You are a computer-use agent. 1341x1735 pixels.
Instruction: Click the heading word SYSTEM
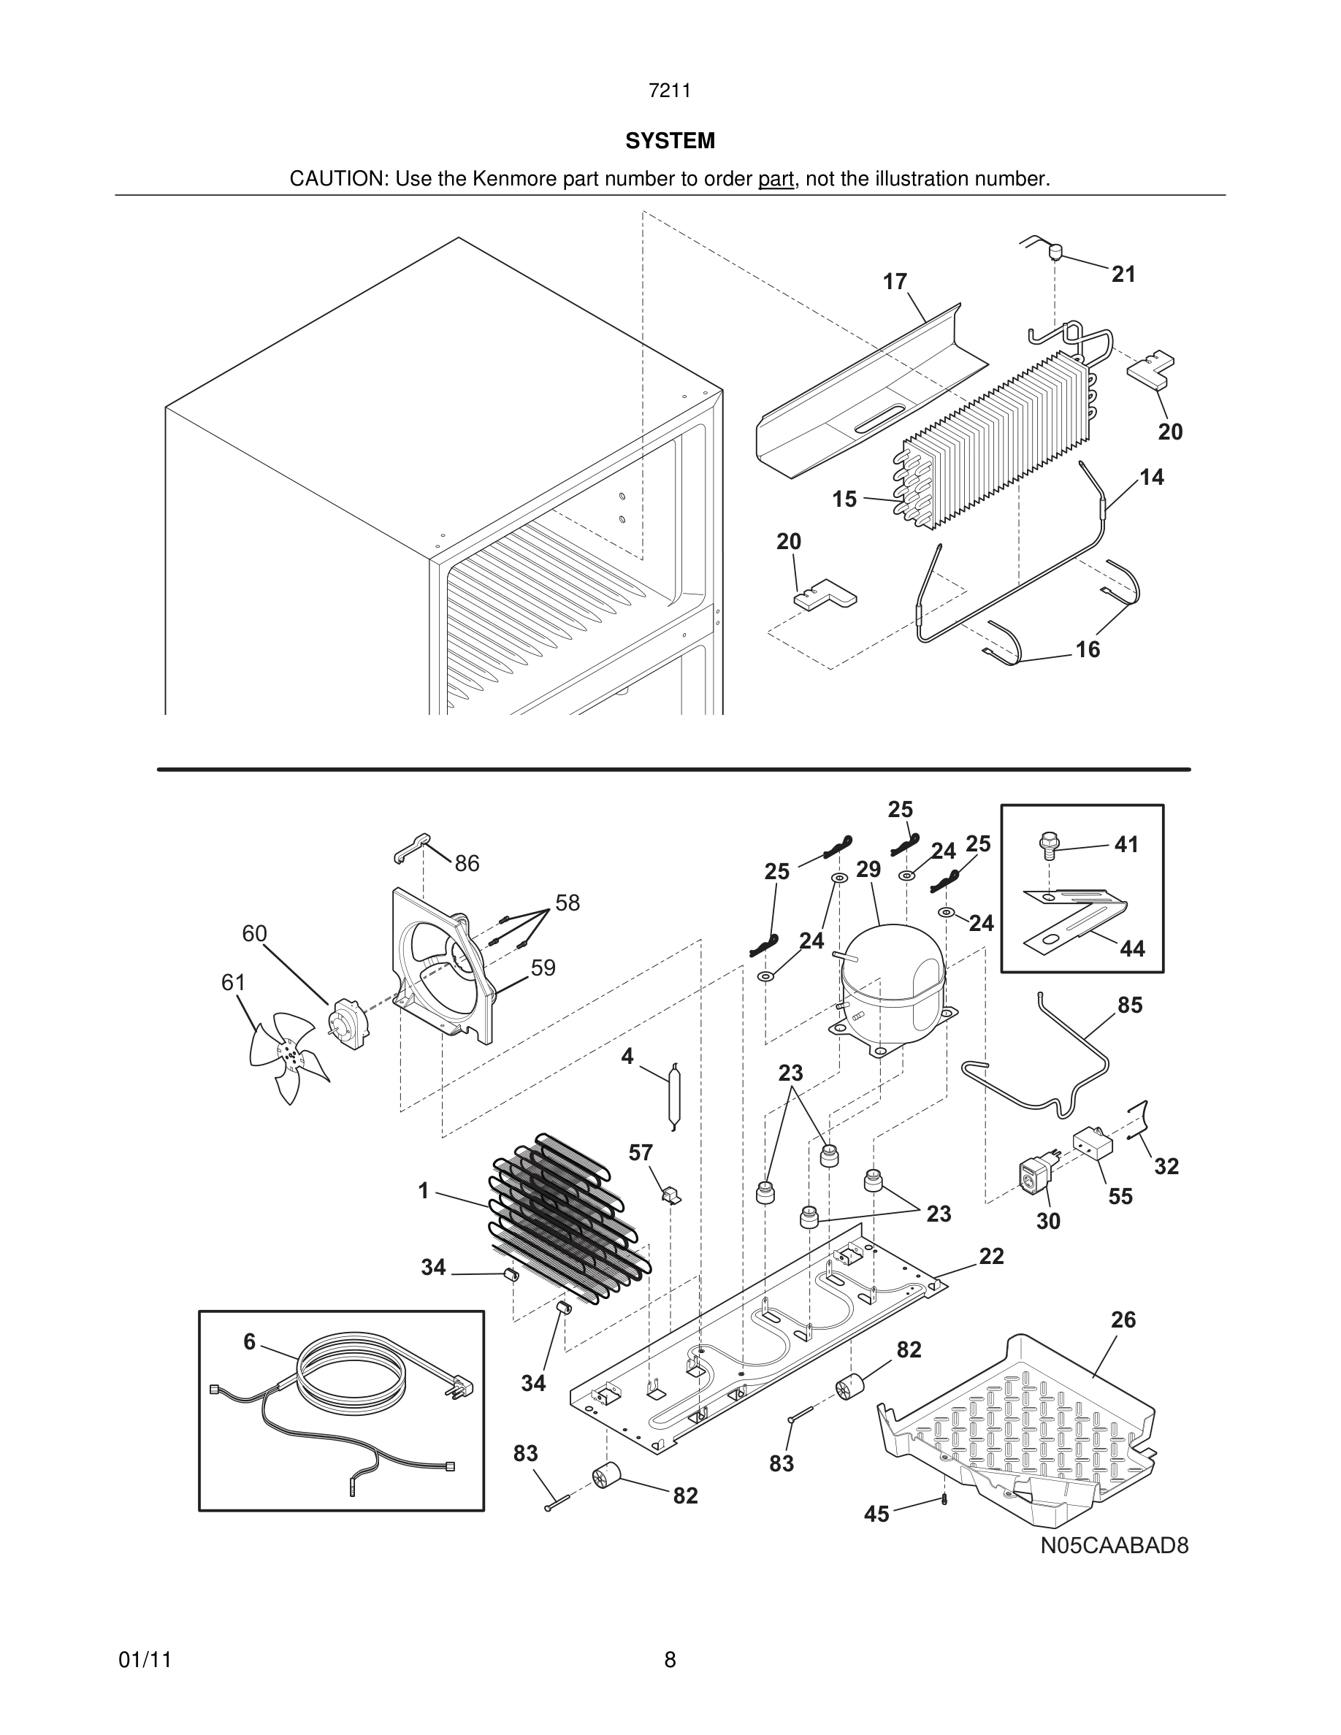(670, 142)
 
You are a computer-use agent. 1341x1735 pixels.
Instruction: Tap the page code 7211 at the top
(669, 91)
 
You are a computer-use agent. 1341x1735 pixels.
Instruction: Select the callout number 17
(895, 282)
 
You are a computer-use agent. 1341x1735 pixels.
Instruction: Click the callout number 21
(1123, 275)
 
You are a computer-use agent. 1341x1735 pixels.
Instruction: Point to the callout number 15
(844, 499)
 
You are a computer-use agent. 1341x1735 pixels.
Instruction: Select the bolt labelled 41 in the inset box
(1048, 846)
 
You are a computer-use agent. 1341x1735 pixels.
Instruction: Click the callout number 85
(1130, 1006)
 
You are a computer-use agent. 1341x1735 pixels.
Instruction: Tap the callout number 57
(641, 1153)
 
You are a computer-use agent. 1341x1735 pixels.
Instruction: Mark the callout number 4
(627, 1057)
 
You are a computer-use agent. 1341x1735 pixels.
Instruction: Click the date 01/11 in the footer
(145, 1660)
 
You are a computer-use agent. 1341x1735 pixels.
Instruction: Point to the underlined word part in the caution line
(776, 180)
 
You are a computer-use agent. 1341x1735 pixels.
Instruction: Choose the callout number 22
(991, 1256)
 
